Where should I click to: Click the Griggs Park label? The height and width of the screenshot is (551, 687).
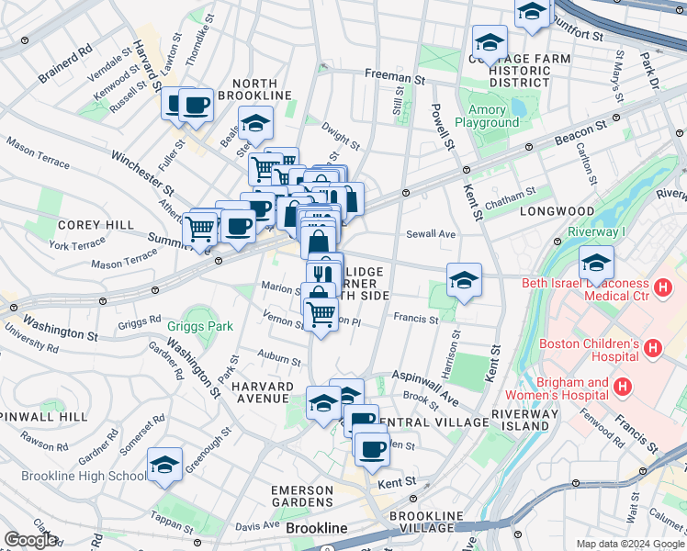coord(200,325)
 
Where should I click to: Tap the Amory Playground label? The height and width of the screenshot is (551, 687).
coord(486,116)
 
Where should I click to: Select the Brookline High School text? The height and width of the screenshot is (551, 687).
coord(73,476)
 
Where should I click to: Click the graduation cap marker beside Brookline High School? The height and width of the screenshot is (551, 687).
coord(164,467)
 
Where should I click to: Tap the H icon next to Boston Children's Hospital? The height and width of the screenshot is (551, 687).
coord(652,349)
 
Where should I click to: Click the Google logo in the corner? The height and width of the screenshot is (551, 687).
coord(30,540)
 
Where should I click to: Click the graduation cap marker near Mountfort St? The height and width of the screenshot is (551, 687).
coord(532,13)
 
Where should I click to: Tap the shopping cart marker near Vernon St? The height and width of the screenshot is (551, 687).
coord(321,314)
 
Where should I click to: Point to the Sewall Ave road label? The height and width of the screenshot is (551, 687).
coord(432,234)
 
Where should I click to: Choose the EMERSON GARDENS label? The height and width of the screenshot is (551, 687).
coord(301,496)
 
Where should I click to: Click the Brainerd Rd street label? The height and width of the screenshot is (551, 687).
coord(66,63)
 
